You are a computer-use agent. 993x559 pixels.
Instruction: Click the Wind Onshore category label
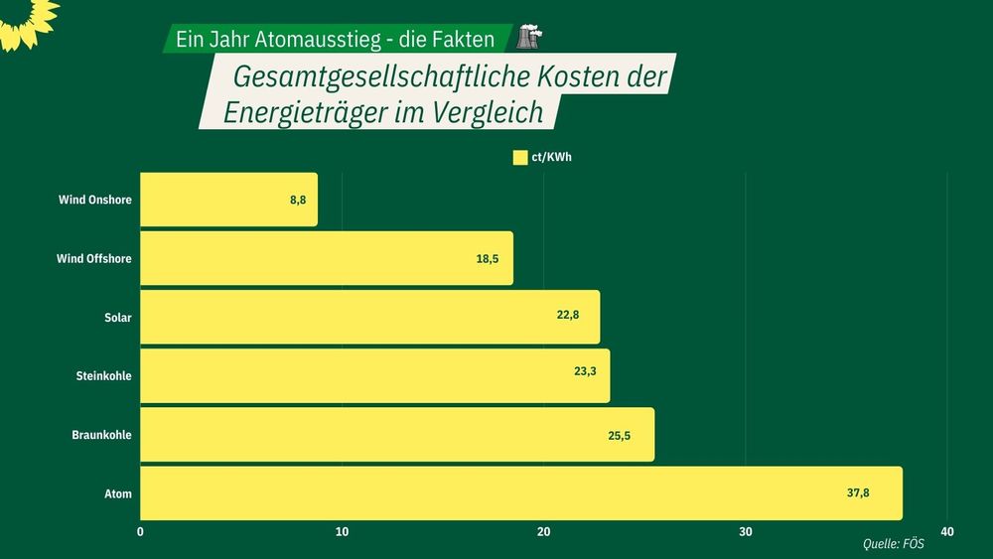click(x=95, y=200)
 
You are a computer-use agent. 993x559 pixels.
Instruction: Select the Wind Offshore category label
click(x=94, y=258)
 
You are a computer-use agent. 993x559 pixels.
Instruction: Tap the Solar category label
click(x=117, y=317)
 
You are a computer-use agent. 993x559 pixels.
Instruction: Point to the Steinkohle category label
click(x=103, y=375)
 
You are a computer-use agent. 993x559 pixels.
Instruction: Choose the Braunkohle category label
click(x=101, y=434)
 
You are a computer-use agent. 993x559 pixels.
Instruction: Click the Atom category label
click(x=118, y=492)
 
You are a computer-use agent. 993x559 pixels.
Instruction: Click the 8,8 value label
click(x=298, y=200)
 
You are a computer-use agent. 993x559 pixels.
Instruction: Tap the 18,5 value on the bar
click(x=487, y=258)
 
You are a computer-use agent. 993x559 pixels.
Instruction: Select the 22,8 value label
click(x=568, y=317)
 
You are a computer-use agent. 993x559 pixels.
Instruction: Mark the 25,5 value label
click(x=620, y=434)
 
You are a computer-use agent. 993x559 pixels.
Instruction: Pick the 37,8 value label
click(x=858, y=492)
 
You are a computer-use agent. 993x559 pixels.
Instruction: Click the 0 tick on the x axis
click(x=140, y=532)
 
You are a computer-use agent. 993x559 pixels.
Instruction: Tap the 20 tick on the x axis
click(x=543, y=532)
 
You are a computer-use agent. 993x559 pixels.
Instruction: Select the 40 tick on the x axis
click(x=946, y=532)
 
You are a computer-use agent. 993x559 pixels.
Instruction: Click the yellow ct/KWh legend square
click(x=519, y=157)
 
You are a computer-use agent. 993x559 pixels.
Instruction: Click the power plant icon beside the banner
click(x=529, y=39)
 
